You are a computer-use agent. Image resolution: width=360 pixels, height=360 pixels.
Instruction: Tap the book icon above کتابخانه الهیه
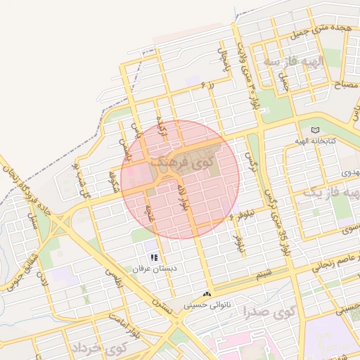315,130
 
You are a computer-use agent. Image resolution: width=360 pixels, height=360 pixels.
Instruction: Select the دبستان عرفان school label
153,269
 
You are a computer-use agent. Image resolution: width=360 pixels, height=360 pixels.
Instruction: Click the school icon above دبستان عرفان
154,257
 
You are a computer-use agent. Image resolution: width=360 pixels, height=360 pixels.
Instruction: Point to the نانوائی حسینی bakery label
207,306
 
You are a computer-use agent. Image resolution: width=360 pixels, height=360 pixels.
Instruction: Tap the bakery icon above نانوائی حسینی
207,294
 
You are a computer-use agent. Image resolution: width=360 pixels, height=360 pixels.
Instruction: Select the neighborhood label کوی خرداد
98,348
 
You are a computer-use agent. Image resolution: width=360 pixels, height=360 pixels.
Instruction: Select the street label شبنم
264,272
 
